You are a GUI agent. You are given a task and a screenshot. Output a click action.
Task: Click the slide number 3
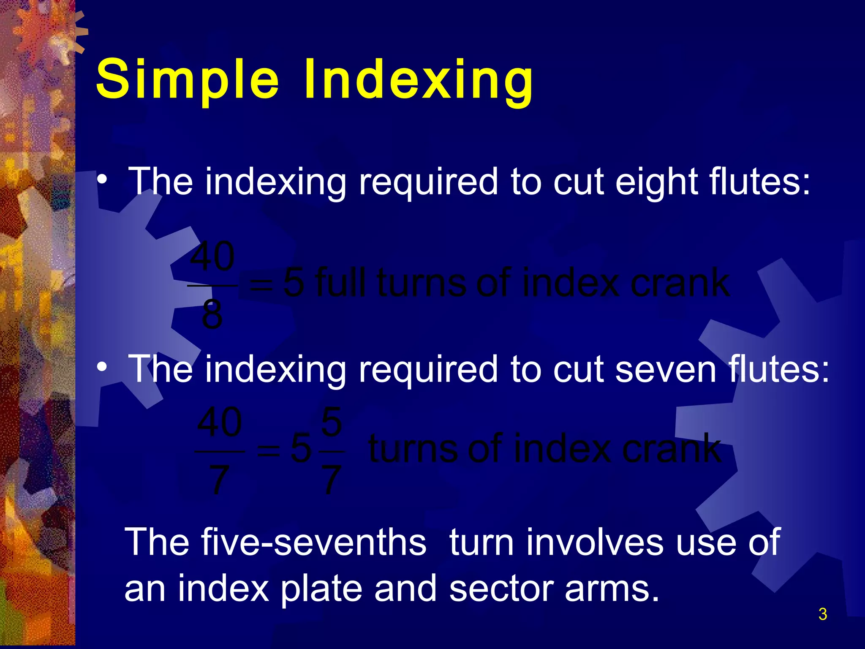pyautogui.click(x=822, y=614)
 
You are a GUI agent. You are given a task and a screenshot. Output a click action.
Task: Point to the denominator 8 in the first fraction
pyautogui.click(x=212, y=314)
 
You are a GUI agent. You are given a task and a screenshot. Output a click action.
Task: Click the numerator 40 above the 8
pyautogui.click(x=212, y=256)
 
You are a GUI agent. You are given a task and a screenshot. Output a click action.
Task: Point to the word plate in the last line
pyautogui.click(x=321, y=589)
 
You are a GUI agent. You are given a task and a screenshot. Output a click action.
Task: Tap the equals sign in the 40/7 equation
pyautogui.click(x=269, y=450)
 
